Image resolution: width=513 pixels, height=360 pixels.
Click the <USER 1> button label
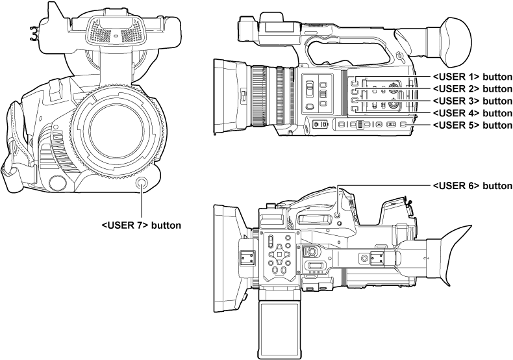(x=472, y=75)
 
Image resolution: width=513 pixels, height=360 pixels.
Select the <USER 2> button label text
(x=472, y=88)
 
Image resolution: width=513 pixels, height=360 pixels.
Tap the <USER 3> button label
(x=472, y=100)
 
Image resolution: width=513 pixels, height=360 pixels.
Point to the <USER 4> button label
(x=472, y=112)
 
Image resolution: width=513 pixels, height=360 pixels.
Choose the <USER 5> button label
(x=472, y=124)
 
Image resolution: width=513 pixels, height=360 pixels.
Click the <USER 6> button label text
(x=472, y=185)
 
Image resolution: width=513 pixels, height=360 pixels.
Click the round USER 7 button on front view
(x=142, y=184)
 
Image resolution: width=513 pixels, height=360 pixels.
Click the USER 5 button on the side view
(x=404, y=124)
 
